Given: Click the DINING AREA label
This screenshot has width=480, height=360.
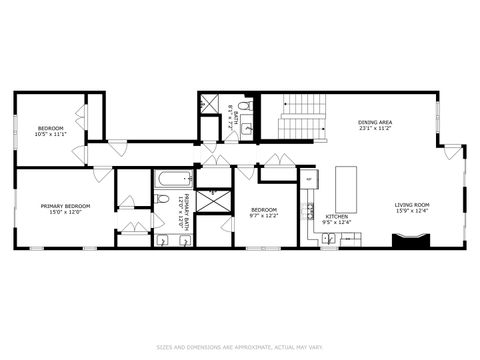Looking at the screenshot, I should pyautogui.click(x=375, y=125).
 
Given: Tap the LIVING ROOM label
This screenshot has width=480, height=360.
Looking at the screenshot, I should pyautogui.click(x=411, y=207).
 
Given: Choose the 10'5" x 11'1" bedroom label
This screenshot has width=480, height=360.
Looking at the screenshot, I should pyautogui.click(x=51, y=131).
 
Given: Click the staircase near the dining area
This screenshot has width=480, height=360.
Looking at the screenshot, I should pyautogui.click(x=302, y=118).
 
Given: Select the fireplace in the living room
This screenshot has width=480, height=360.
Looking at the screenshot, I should pyautogui.click(x=411, y=240).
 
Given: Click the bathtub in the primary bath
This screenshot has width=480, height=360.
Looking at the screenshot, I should pyautogui.click(x=174, y=180).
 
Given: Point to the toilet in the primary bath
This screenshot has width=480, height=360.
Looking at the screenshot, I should pyautogui.click(x=163, y=199).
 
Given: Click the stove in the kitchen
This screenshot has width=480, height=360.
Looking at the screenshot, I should pyautogui.click(x=311, y=211).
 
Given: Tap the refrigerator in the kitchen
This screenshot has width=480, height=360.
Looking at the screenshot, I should pyautogui.click(x=308, y=181).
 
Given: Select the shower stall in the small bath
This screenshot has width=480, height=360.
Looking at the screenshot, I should pyautogui.click(x=210, y=103).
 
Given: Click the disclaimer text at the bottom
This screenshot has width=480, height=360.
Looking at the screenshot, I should pyautogui.click(x=240, y=348).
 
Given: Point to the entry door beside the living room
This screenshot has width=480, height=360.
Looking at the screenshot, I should pyautogui.click(x=452, y=152).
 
